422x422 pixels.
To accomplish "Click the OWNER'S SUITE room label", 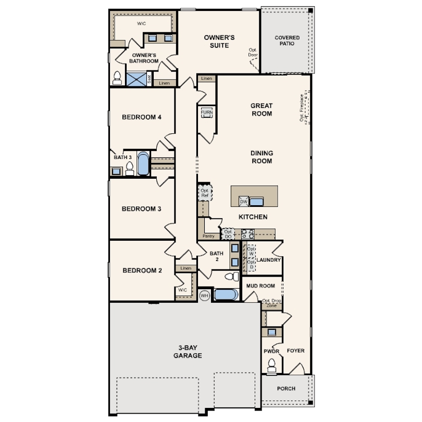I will point(219,41).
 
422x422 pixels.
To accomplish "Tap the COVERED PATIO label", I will point(288,41).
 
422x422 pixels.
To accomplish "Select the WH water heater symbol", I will point(204,295).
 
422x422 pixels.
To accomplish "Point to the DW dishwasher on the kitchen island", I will point(243,202).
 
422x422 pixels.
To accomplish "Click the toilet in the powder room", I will point(271,367).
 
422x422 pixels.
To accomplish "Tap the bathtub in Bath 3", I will point(143,163).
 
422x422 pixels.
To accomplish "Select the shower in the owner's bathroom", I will point(135,79).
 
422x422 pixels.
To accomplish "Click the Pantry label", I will point(208,236).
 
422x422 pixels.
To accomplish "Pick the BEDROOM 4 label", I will point(141,117).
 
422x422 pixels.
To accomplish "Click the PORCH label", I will point(286,389).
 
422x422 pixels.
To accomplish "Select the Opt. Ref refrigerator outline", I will point(205,192).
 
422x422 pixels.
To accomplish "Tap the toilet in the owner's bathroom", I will point(117,78).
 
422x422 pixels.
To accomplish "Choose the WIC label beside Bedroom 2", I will point(182,290).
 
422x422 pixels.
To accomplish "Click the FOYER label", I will point(295,351).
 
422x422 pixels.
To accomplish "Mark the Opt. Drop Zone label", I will point(271,303).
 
